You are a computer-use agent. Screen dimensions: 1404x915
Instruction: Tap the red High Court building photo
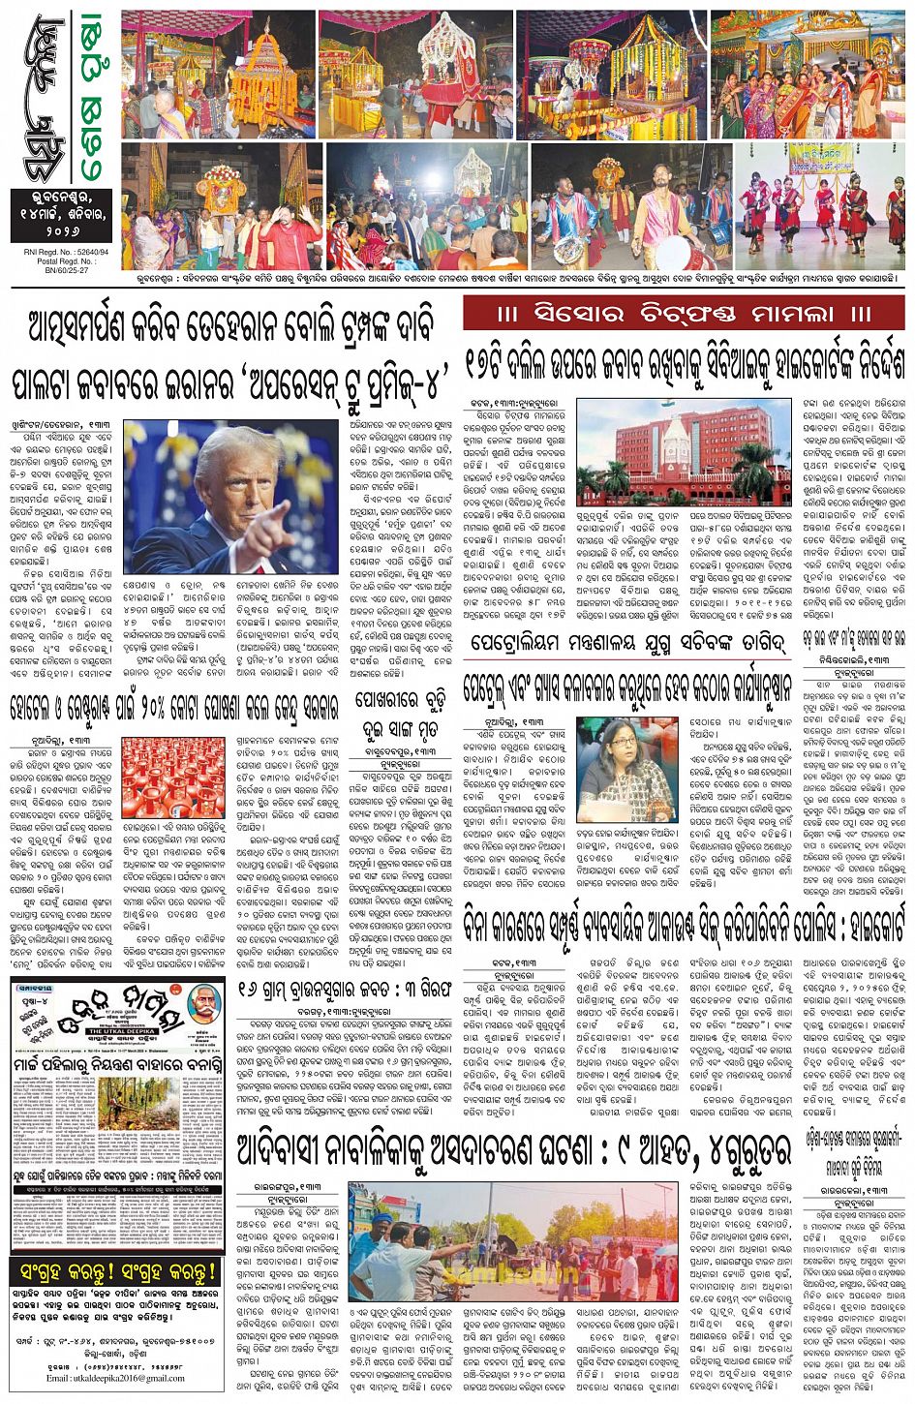click(x=684, y=451)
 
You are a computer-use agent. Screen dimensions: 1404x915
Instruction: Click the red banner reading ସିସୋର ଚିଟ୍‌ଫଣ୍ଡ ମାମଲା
click(x=684, y=314)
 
